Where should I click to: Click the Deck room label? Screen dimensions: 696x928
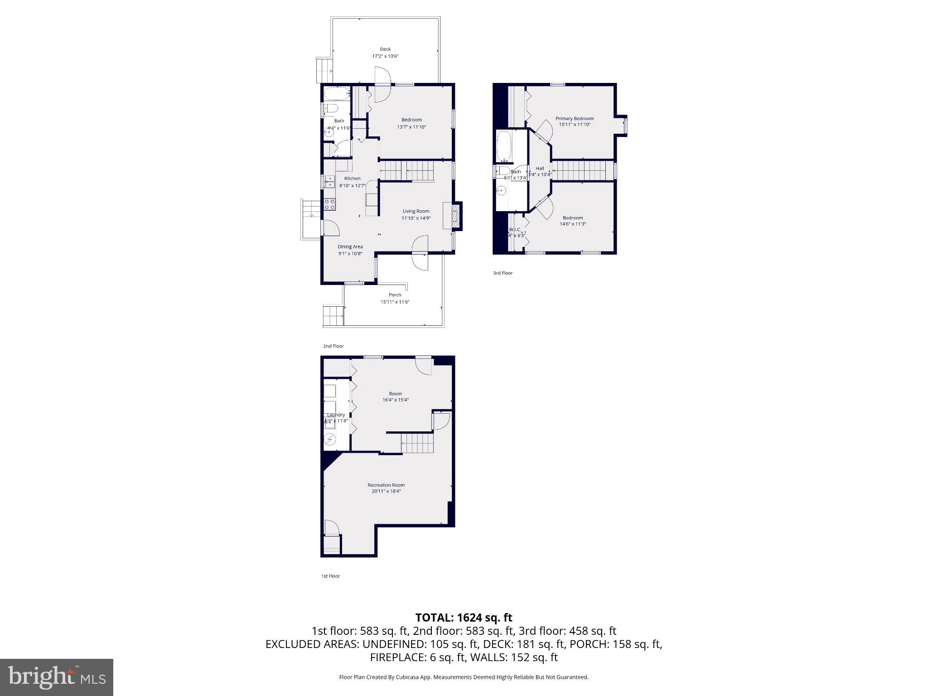385,49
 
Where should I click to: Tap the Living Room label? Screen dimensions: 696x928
416,211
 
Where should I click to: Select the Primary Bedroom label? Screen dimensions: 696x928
575,119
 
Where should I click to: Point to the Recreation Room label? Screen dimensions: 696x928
386,485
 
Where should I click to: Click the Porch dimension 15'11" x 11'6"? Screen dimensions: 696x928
395,302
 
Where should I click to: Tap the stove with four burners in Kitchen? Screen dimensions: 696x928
330,204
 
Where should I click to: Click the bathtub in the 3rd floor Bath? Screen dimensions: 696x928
504,146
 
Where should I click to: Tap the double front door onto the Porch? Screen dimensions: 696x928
420,253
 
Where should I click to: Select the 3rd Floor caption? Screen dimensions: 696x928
503,273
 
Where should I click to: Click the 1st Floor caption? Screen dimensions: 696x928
330,576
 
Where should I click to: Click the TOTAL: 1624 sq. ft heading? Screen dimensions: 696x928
464,618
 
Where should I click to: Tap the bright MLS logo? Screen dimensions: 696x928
57,677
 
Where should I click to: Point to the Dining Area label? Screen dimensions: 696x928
350,247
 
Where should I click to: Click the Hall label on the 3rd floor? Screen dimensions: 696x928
540,169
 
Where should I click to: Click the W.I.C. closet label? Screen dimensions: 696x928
515,230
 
